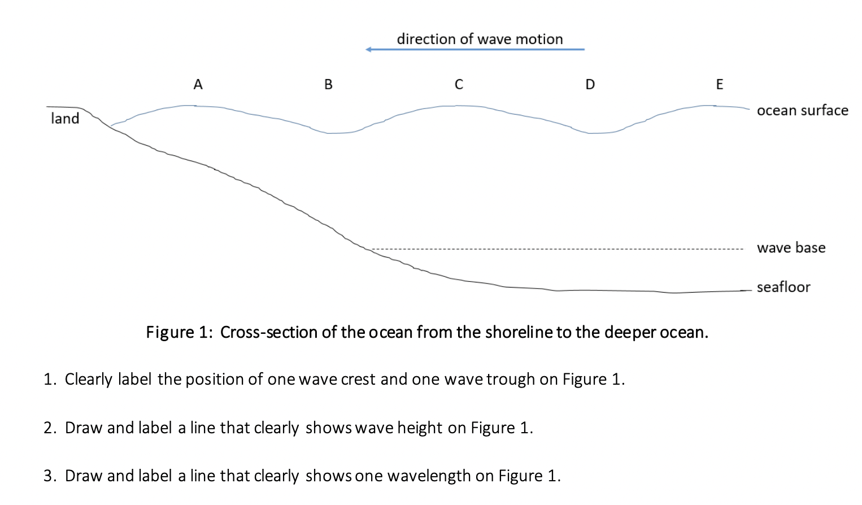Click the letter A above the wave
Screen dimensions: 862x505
tap(198, 85)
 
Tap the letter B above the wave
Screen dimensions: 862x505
tap(328, 85)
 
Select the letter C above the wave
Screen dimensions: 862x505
tap(459, 85)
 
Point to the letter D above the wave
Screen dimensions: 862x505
tap(590, 85)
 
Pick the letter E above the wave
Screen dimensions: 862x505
tap(719, 85)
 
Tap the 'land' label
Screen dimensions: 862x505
tap(65, 119)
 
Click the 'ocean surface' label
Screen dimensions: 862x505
tap(802, 111)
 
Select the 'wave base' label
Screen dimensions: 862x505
tap(791, 248)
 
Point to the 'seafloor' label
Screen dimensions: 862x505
tap(783, 288)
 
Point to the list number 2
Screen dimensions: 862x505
tap(50, 428)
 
